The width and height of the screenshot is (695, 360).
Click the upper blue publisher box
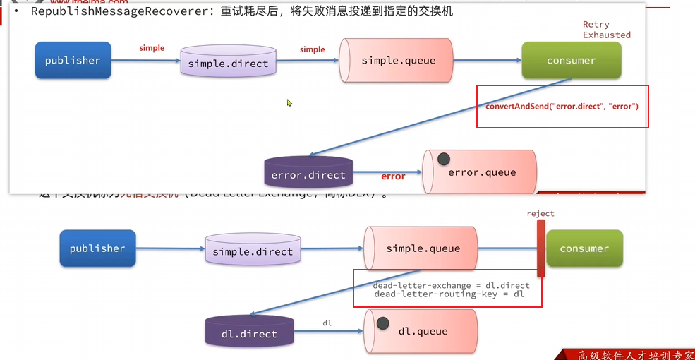coord(73,61)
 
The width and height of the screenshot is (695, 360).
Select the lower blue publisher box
coord(97,248)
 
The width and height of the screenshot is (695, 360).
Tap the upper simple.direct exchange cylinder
coord(228,63)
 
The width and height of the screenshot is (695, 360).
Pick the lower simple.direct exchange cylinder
coord(252,251)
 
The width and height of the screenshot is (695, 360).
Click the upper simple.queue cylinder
coord(397,61)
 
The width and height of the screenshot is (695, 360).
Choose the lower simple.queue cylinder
coord(421,248)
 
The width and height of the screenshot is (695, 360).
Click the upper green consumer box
coord(571,61)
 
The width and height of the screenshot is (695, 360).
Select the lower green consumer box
coord(584,248)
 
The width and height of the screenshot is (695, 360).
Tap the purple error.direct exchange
coord(308,174)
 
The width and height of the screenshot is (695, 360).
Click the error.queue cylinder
coord(480,172)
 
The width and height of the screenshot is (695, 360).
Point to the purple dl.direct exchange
coord(249,333)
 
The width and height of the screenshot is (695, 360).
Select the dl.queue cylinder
coord(421,331)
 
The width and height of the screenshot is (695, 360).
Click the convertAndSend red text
coord(562,107)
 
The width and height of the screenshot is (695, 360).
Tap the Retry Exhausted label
coord(606,30)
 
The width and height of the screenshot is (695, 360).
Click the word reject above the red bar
coord(540,213)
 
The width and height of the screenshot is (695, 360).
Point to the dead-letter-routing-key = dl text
coord(449,294)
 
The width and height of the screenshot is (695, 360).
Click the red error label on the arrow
coord(393,176)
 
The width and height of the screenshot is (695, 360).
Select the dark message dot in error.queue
coord(445,160)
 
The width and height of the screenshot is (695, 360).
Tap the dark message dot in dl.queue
coord(383,324)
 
